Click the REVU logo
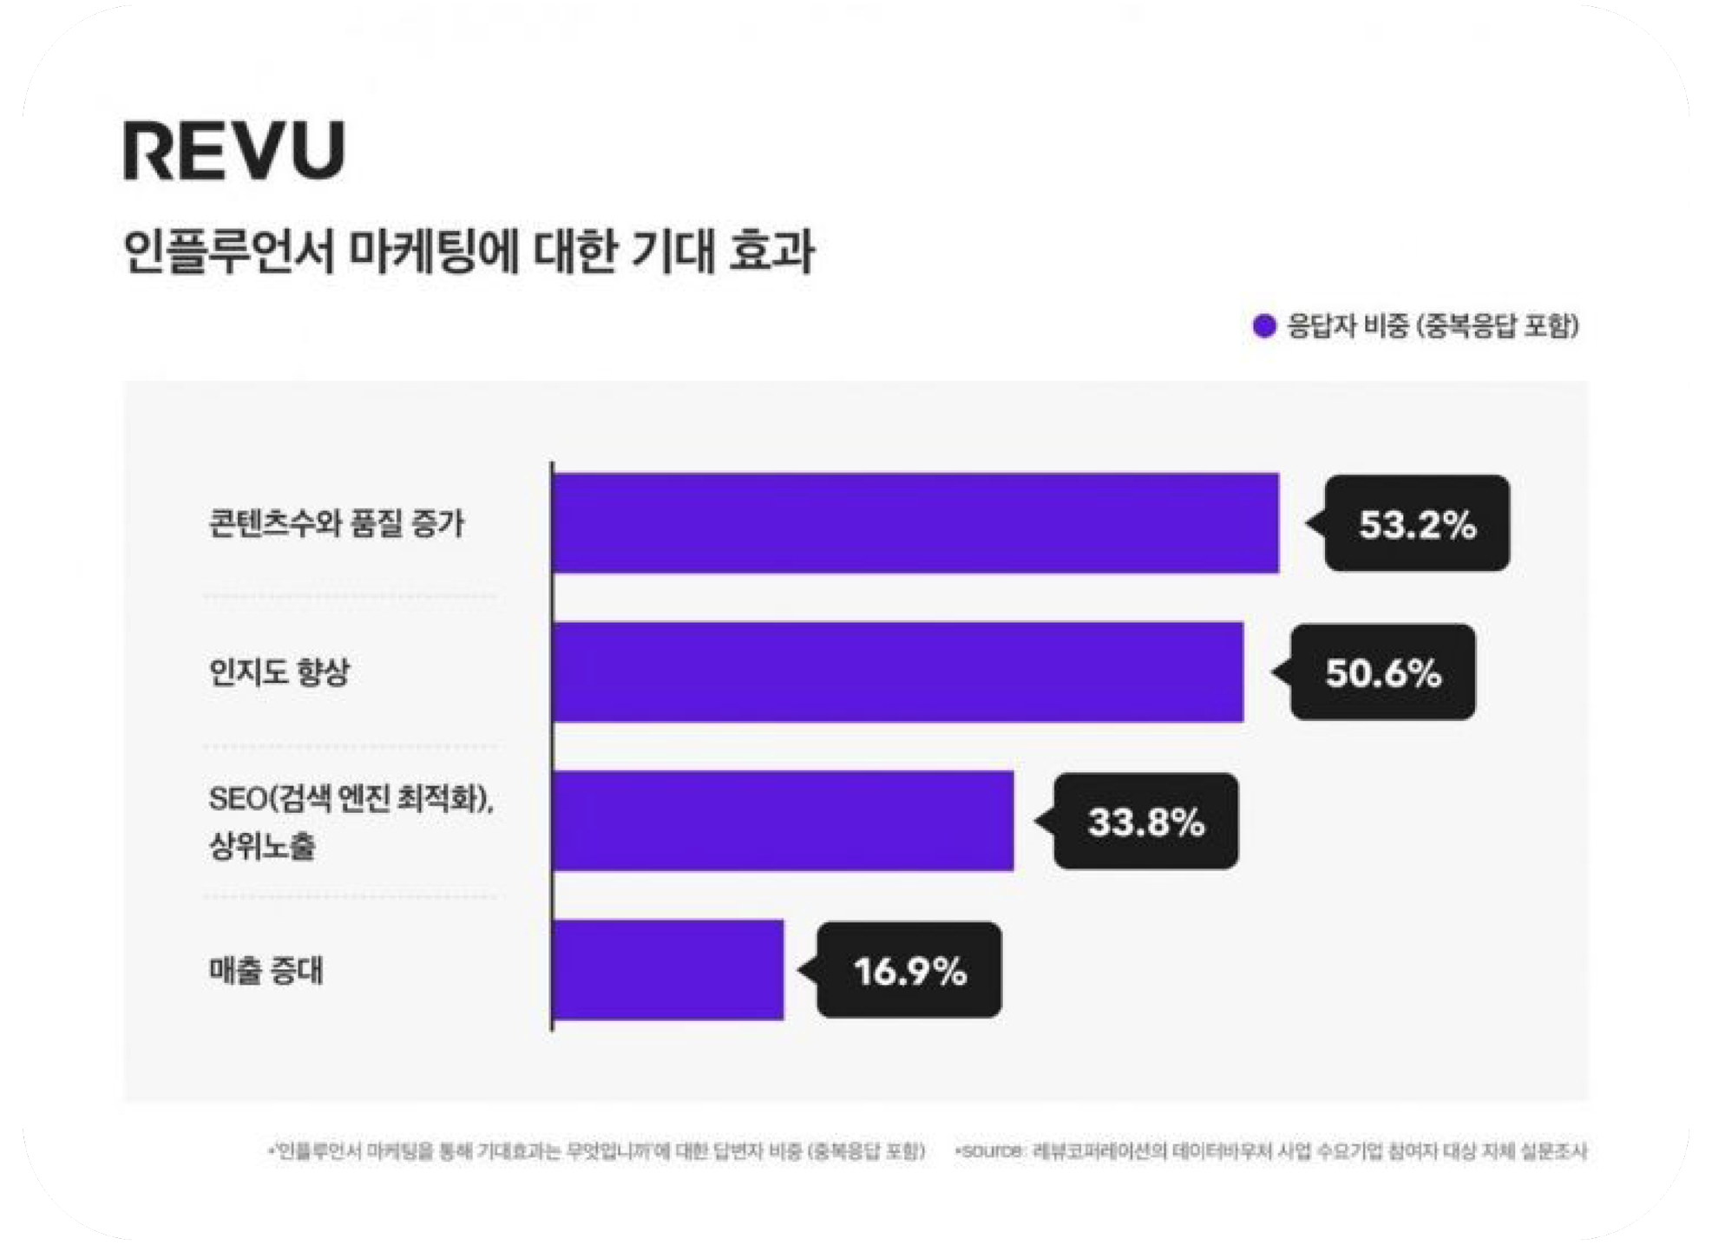tap(234, 151)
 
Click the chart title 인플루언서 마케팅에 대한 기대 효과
tap(469, 252)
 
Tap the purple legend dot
tap(1264, 326)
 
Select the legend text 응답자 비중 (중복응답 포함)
tap(1433, 326)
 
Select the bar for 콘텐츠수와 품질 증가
tap(915, 523)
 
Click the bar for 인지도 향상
tap(898, 672)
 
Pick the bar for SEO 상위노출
tap(783, 821)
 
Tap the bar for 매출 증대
tap(668, 970)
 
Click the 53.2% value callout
tap(1417, 524)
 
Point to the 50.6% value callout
tap(1383, 672)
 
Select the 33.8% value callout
tap(1146, 822)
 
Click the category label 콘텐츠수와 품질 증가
tap(337, 523)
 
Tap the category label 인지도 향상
tap(279, 672)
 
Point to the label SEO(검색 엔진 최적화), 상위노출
tap(350, 821)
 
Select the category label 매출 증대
tap(266, 970)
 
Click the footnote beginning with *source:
tap(1271, 1151)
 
